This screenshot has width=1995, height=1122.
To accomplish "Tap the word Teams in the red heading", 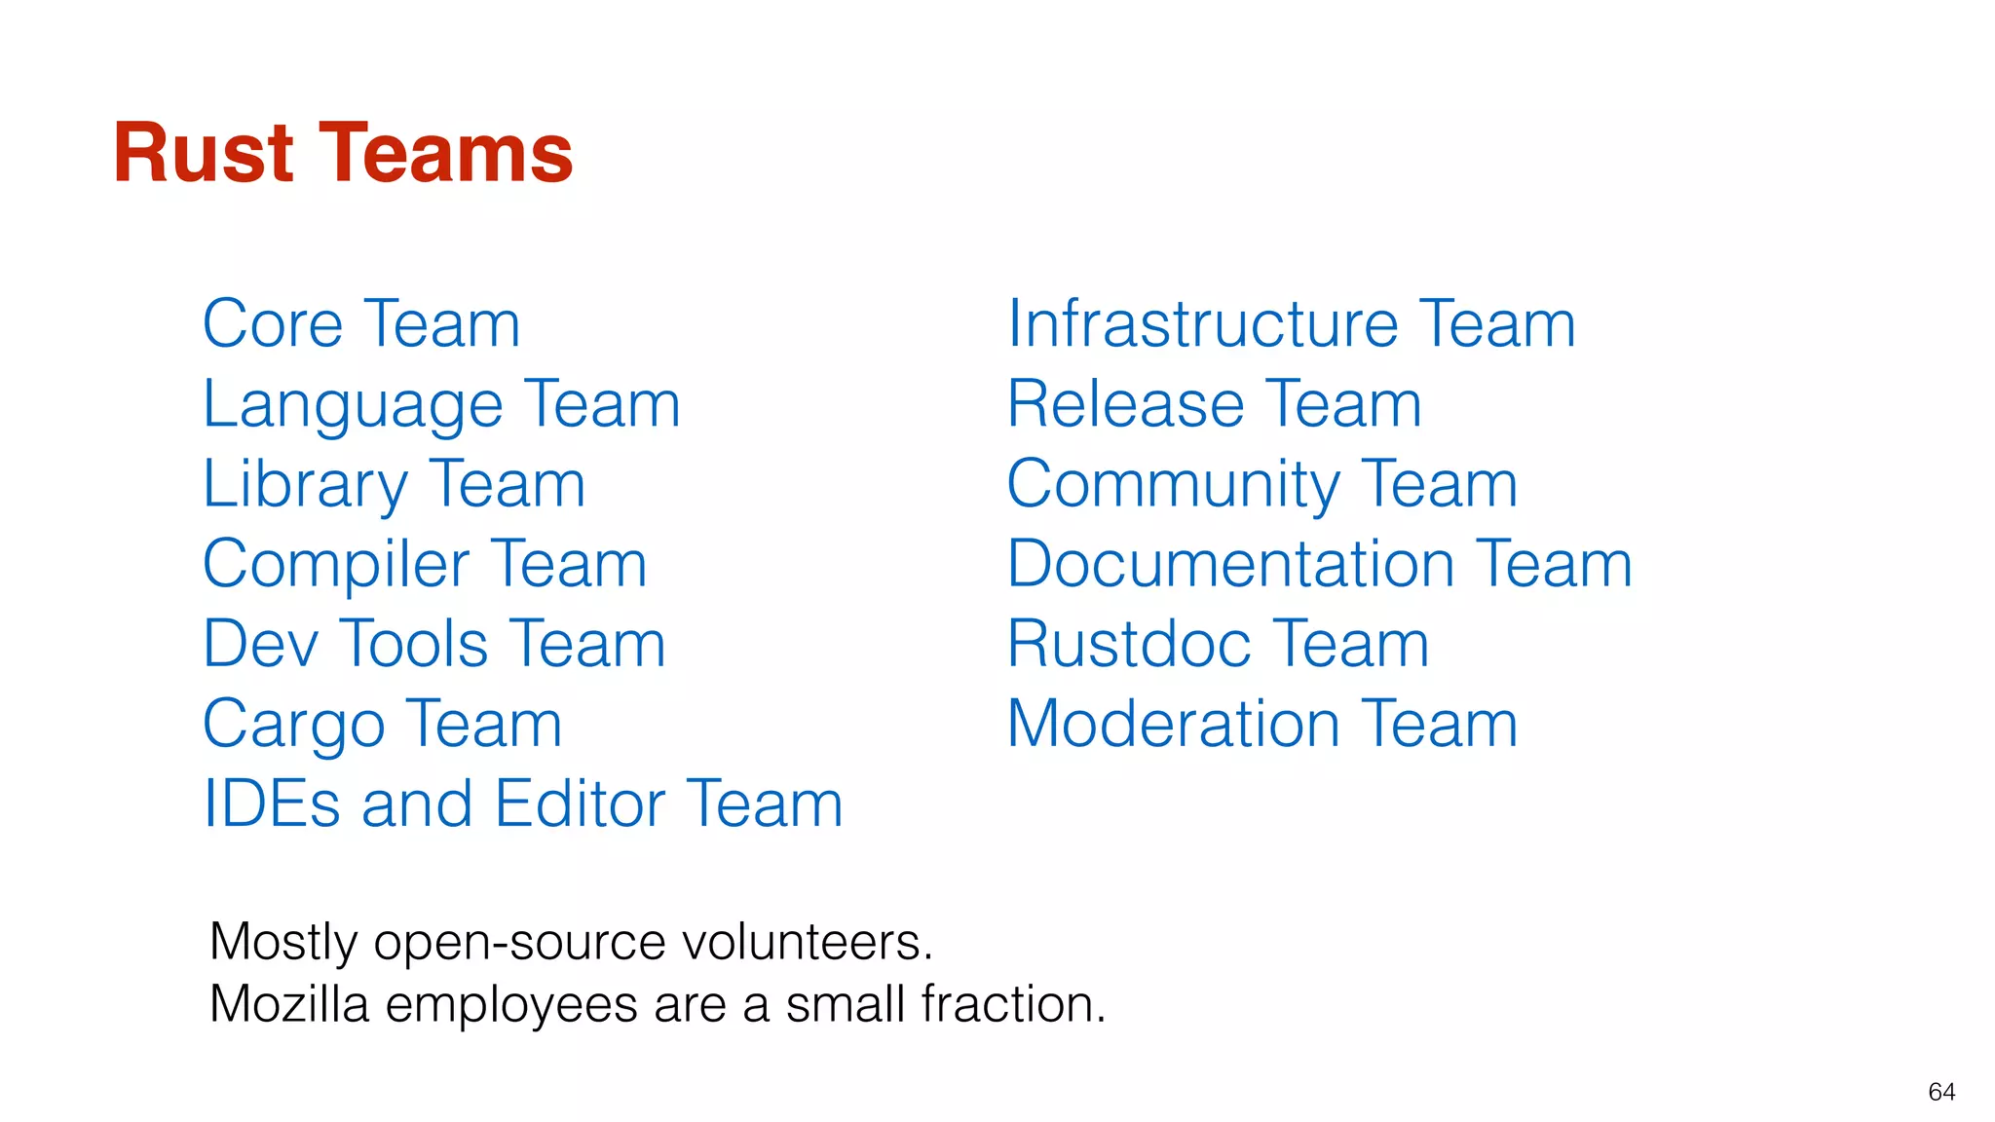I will tap(447, 153).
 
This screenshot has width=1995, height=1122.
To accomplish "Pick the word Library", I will tap(305, 485).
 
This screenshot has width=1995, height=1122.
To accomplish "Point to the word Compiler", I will tap(336, 565).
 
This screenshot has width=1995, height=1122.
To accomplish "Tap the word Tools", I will tap(413, 645).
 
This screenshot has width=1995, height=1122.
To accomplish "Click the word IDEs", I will tap(272, 804).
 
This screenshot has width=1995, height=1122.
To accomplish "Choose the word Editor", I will tap(580, 804).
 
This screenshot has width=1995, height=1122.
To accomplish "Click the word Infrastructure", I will tap(1203, 324).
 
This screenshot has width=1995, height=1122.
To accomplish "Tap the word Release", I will tap(1125, 404).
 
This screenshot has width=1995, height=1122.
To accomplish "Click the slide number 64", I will tap(1941, 1092).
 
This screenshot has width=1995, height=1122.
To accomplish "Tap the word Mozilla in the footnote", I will tap(289, 1004).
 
